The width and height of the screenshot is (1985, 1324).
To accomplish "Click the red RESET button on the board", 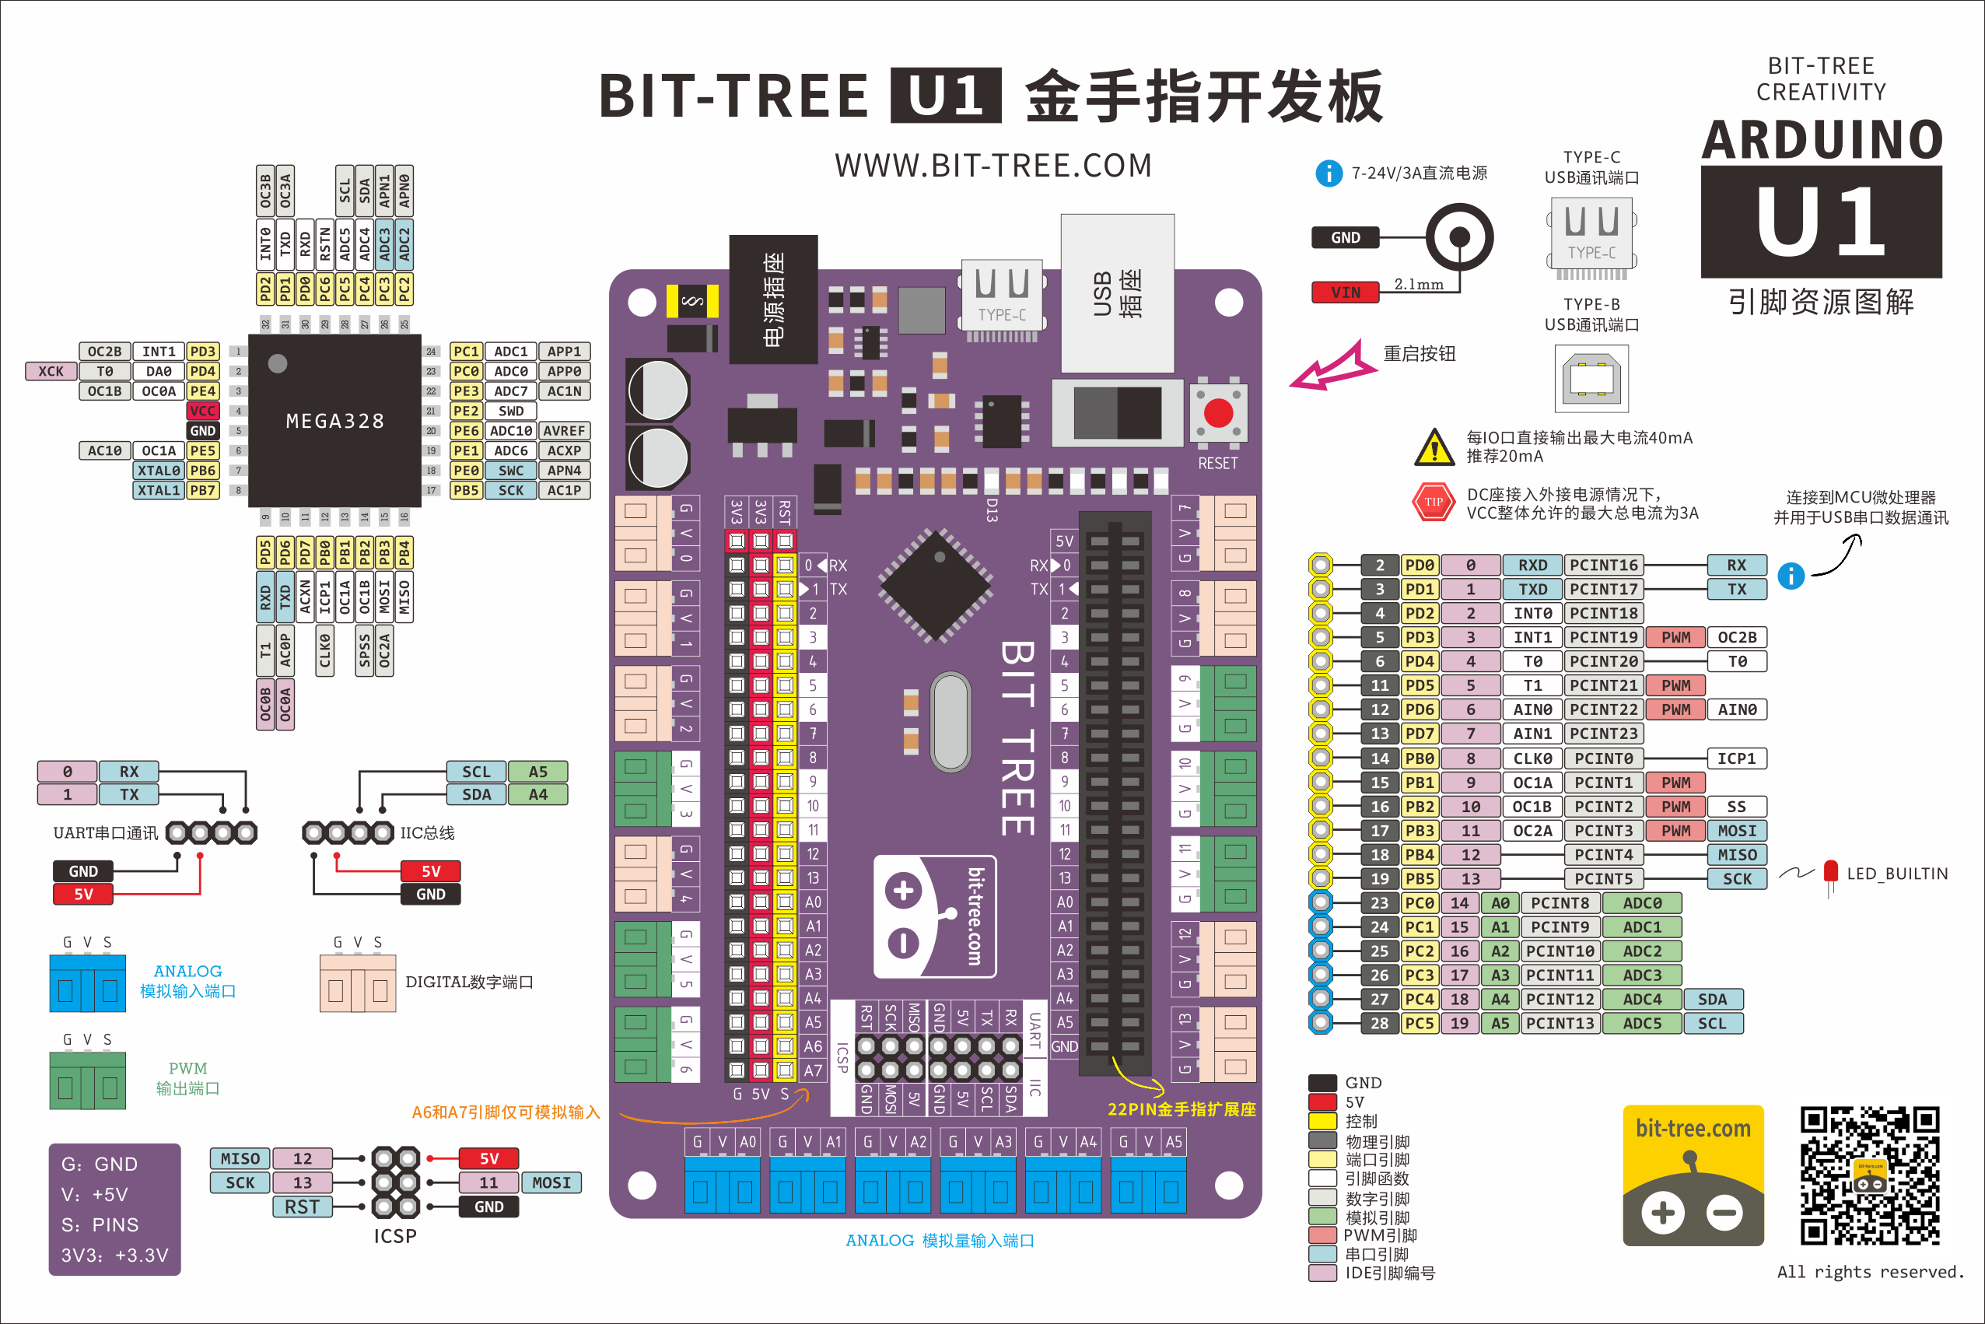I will (1217, 414).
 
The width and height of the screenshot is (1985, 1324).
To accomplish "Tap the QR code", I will (1869, 1175).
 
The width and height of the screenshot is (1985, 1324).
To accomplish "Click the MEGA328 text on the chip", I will (335, 421).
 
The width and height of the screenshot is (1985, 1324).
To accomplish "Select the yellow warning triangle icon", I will (1434, 447).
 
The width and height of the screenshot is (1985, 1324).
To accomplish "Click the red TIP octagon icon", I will (1434, 503).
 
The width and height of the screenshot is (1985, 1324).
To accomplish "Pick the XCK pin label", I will (51, 372).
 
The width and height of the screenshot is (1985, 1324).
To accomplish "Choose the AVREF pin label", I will (564, 431).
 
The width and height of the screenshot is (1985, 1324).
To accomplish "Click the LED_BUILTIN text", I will (1897, 874).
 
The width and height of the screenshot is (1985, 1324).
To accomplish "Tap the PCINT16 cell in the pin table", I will (1603, 565).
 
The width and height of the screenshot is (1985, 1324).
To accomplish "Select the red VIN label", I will (1345, 292).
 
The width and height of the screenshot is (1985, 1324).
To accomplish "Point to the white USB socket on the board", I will (1117, 293).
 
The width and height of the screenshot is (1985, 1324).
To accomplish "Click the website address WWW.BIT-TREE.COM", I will (993, 166).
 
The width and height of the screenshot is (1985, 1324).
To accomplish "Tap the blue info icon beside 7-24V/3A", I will (1328, 173).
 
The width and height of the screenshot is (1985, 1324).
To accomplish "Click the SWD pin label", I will (511, 412).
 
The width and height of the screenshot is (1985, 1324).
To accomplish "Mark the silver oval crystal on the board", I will (951, 722).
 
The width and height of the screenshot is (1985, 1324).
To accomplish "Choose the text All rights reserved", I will (1870, 1272).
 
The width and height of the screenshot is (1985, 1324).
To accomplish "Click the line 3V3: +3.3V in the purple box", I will (115, 1255).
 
